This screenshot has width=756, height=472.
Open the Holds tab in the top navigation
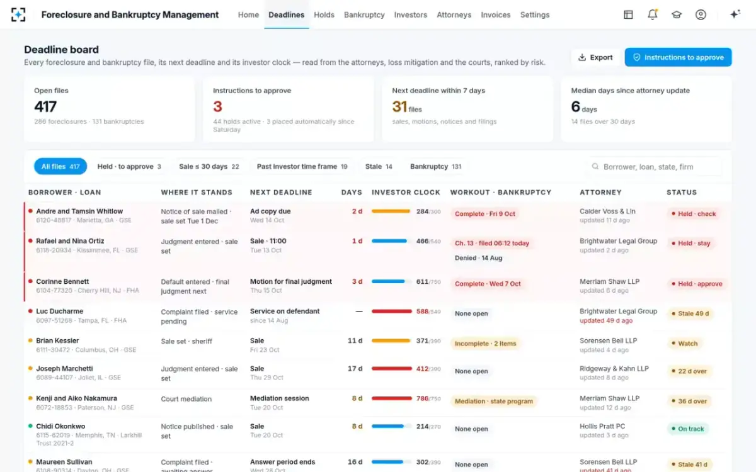pos(324,15)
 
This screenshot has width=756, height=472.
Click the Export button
pos(596,57)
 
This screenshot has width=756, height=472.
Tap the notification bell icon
pos(653,14)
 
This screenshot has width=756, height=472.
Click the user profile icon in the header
pos(701,14)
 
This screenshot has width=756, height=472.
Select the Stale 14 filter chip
pos(379,167)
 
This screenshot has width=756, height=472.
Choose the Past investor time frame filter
pos(302,167)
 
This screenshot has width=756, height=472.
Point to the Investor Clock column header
pos(406,192)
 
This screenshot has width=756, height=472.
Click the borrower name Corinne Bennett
pos(62,281)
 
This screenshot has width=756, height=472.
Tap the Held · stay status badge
pos(690,243)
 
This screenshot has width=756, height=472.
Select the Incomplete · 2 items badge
pos(485,344)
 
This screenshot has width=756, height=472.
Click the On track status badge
pos(687,429)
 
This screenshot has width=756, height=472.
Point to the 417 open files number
pos(45,107)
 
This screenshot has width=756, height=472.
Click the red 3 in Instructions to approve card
pos(218,107)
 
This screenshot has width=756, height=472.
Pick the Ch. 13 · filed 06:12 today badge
pos(492,243)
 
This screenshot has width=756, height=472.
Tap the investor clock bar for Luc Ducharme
pos(391,311)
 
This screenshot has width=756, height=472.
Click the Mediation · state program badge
pos(494,402)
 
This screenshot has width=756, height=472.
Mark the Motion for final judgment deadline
pos(291,281)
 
